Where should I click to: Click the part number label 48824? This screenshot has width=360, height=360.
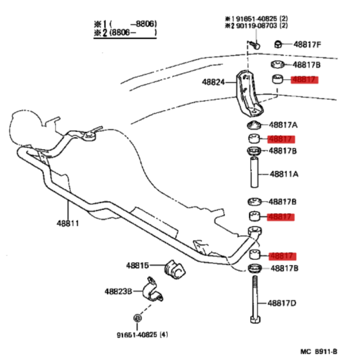(213, 82)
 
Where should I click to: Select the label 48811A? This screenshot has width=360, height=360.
(284, 174)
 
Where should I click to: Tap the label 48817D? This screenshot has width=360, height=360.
(282, 303)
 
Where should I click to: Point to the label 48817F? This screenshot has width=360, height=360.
(307, 44)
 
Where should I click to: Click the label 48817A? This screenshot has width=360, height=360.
(283, 125)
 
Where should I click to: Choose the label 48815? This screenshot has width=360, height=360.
(137, 266)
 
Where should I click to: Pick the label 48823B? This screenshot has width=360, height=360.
(118, 292)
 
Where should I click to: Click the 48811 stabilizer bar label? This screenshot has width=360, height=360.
(68, 223)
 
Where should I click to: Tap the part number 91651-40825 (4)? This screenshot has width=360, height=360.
(142, 335)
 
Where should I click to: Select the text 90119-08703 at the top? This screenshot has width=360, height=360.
(256, 25)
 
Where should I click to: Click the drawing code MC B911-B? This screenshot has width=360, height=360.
(319, 352)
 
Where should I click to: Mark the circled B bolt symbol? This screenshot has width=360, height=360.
(137, 318)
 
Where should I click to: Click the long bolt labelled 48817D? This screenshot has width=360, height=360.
(255, 299)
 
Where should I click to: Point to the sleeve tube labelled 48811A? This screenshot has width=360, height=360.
(254, 172)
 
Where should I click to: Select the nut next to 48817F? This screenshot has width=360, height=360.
(278, 44)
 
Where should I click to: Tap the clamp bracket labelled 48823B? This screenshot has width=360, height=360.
(152, 290)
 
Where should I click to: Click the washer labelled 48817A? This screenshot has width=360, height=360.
(254, 125)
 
